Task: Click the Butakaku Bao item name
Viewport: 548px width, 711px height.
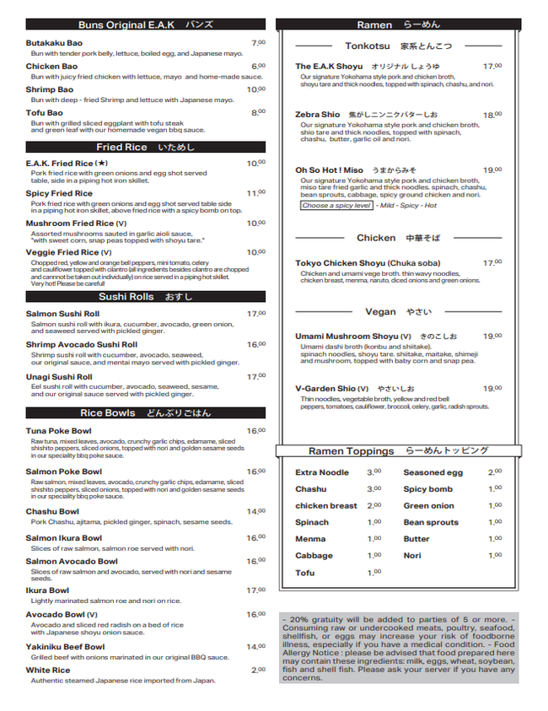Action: (54, 43)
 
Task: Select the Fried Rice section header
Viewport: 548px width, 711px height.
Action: (145, 147)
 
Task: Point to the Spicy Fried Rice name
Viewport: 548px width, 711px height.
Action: (59, 193)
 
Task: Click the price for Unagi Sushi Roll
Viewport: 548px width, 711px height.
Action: (256, 376)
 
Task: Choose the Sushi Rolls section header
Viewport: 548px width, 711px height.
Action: (145, 296)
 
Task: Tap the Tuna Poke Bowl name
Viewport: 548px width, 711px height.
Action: (58, 431)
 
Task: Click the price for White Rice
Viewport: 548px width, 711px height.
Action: (258, 671)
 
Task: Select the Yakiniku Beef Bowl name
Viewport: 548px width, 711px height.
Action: (65, 647)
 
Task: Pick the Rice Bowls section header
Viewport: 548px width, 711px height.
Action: (145, 412)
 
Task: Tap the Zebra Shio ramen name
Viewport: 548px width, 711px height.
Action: (317, 115)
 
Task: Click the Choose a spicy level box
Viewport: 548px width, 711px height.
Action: (336, 206)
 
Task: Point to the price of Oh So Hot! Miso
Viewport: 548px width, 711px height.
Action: (492, 170)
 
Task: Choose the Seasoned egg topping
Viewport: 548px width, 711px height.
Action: (432, 473)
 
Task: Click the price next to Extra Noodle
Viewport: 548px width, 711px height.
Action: (373, 472)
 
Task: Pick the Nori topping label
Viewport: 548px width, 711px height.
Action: (412, 556)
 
